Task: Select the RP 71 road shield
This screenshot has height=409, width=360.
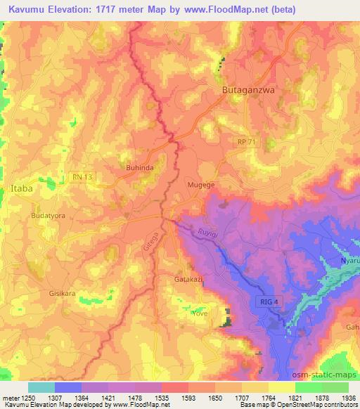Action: coord(245,141)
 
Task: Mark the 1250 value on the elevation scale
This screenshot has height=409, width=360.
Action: coord(24,398)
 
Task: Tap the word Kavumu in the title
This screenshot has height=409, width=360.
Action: coord(28,10)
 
